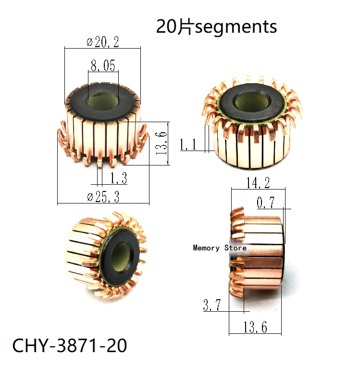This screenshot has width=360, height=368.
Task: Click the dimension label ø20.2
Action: click(103, 42)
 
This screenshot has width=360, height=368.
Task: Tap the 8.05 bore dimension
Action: click(103, 65)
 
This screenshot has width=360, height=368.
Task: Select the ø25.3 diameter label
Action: click(103, 197)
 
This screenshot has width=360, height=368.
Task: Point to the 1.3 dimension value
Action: click(119, 178)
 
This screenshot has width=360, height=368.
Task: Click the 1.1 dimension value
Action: click(188, 144)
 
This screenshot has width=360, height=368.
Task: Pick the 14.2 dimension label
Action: click(258, 183)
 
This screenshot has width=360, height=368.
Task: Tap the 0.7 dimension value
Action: click(265, 203)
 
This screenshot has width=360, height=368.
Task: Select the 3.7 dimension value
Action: click(212, 305)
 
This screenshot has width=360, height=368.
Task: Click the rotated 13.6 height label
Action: click(161, 143)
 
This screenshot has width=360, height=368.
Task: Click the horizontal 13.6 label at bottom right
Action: click(255, 327)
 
